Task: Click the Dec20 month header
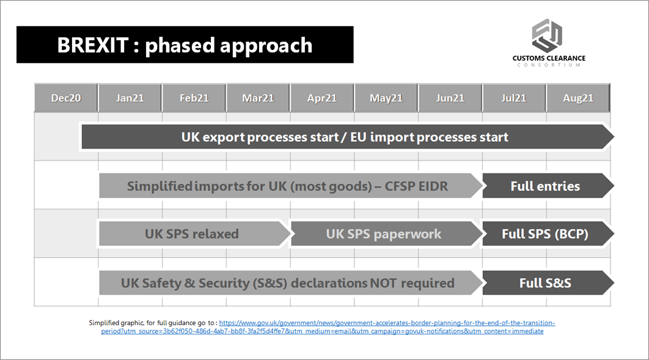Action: pyautogui.click(x=66, y=98)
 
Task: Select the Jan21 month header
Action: pyautogui.click(x=130, y=98)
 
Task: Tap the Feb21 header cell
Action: pyautogui.click(x=194, y=98)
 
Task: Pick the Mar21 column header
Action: pyautogui.click(x=258, y=98)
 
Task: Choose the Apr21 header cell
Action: pyautogui.click(x=322, y=98)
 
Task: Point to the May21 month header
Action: pyautogui.click(x=386, y=98)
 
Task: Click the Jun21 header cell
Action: pyautogui.click(x=450, y=98)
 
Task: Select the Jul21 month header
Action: pyautogui.click(x=514, y=98)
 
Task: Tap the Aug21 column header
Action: pyautogui.click(x=578, y=98)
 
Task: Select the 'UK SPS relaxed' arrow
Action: pyautogui.click(x=194, y=234)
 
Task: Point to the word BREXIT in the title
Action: pyautogui.click(x=93, y=45)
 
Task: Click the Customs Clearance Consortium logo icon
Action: pyautogui.click(x=547, y=35)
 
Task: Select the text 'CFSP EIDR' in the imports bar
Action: pyautogui.click(x=416, y=186)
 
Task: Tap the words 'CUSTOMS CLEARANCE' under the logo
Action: pyautogui.click(x=549, y=58)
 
